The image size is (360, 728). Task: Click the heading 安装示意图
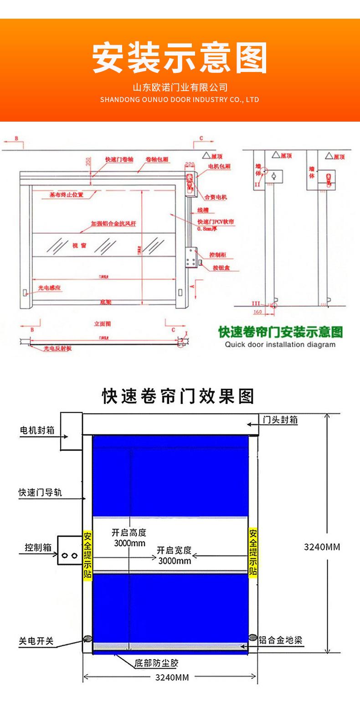pyautogui.click(x=180, y=58)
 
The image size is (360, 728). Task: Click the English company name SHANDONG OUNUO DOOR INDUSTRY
pyautogui.click(x=180, y=99)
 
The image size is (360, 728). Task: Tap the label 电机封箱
pyautogui.click(x=37, y=430)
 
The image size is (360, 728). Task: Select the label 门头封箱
pyautogui.click(x=280, y=420)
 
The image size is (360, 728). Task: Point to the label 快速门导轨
pyautogui.click(x=40, y=492)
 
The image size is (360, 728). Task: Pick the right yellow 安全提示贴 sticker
pyautogui.click(x=253, y=552)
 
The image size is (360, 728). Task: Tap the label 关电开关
pyautogui.click(x=36, y=641)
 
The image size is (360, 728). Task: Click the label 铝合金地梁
pyautogui.click(x=280, y=640)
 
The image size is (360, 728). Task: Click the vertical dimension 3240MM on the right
pyautogui.click(x=322, y=547)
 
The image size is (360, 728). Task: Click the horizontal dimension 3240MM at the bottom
pyautogui.click(x=172, y=677)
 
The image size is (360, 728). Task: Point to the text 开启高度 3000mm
pyautogui.click(x=129, y=538)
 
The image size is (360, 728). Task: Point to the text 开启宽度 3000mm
pyautogui.click(x=175, y=555)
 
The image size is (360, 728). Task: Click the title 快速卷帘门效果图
pyautogui.click(x=178, y=396)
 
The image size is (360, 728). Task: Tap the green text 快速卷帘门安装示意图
pyautogui.click(x=280, y=332)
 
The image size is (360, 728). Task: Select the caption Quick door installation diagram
pyautogui.click(x=280, y=344)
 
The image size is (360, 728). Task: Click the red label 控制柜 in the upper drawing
pyautogui.click(x=217, y=255)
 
